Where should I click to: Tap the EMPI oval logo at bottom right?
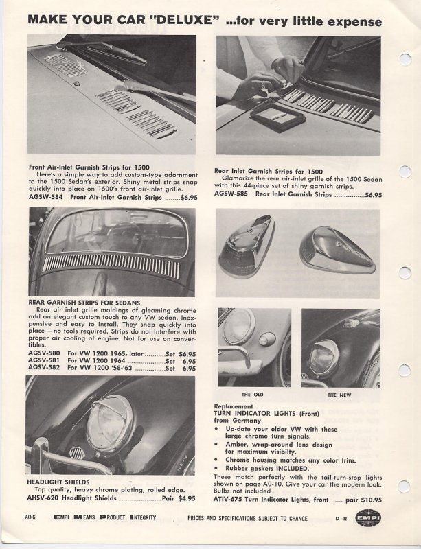pyautogui.click(x=367, y=518)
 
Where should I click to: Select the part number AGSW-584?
pyautogui.click(x=45, y=197)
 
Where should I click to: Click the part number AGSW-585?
pyautogui.click(x=231, y=194)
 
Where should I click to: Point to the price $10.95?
pyautogui.click(x=372, y=500)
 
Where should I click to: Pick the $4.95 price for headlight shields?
pyautogui.click(x=187, y=498)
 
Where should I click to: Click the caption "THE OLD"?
pyautogui.click(x=252, y=395)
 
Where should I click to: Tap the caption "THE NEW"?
pyautogui.click(x=339, y=395)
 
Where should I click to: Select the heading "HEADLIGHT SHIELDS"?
pyautogui.click(x=58, y=482)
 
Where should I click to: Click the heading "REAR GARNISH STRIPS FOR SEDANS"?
pyautogui.click(x=84, y=303)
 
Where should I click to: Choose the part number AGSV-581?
pyautogui.click(x=44, y=360)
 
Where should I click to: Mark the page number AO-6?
pyautogui.click(x=30, y=517)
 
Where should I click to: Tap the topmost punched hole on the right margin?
pyautogui.click(x=405, y=59)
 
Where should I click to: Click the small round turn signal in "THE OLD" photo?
pyautogui.click(x=267, y=339)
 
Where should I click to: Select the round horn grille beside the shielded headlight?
pyautogui.click(x=77, y=453)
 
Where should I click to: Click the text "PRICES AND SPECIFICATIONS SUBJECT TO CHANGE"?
pyautogui.click(x=247, y=519)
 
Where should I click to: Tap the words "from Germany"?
pyautogui.click(x=238, y=421)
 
